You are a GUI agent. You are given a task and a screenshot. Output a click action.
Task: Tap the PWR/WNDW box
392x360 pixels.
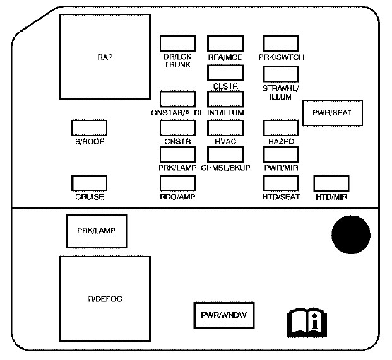click(223, 315)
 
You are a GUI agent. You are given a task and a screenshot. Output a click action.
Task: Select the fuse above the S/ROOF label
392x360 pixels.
click(90, 127)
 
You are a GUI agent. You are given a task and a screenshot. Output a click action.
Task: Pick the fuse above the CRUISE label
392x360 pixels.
click(90, 183)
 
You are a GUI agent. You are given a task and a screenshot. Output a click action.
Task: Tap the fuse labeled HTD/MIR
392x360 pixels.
click(331, 183)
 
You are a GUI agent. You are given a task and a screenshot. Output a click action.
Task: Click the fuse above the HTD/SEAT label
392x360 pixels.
click(280, 183)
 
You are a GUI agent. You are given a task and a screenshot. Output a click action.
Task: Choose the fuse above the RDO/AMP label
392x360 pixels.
click(177, 183)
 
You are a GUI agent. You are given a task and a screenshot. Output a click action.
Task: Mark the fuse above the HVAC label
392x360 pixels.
click(225, 127)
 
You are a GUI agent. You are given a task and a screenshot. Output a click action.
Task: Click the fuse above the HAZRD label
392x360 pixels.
click(280, 127)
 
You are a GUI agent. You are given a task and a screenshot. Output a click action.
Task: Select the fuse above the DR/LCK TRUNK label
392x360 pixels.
click(177, 43)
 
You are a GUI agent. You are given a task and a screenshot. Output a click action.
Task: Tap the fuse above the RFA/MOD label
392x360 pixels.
click(225, 43)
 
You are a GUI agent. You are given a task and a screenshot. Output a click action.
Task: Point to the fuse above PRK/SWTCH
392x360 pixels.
click(280, 43)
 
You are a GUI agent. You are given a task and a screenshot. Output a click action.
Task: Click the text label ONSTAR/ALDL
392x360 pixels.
click(177, 113)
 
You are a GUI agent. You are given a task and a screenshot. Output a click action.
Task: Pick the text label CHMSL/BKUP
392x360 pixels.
click(225, 168)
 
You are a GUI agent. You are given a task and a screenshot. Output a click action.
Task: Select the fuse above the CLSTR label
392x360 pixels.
click(225, 73)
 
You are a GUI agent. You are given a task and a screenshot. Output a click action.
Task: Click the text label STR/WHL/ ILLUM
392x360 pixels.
click(281, 93)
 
